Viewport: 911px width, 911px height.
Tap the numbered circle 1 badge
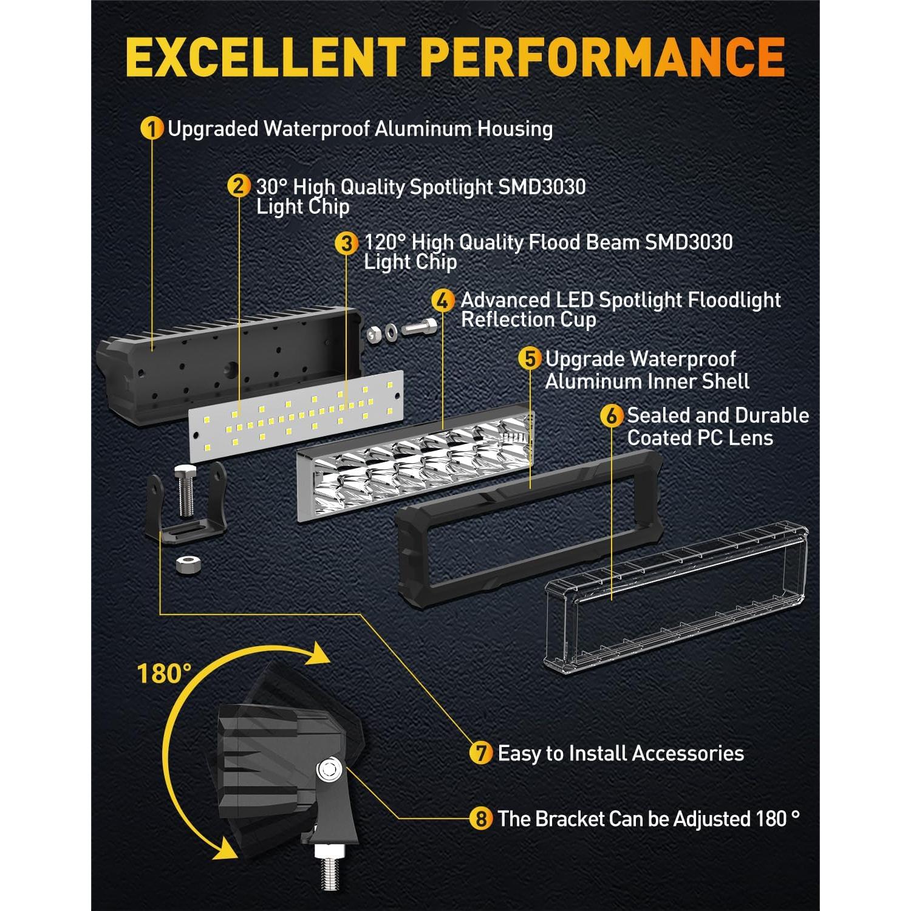point(152,128)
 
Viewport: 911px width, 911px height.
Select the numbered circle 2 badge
point(239,186)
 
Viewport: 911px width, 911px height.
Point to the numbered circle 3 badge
point(346,243)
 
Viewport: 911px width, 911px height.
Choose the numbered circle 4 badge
point(443,300)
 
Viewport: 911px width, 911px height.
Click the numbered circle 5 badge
point(530,358)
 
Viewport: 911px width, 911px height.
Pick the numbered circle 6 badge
point(612,416)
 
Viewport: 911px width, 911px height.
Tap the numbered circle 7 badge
point(481,753)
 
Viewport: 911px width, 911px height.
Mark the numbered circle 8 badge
point(481,819)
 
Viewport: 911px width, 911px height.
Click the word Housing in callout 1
point(515,129)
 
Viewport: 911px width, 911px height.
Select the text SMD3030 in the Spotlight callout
point(542,186)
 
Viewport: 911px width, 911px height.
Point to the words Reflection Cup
point(528,319)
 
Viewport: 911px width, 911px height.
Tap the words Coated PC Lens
point(700,437)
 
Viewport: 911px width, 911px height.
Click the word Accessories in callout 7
point(688,753)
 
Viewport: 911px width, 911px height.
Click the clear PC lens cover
point(677,598)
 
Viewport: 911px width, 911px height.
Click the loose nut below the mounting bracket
point(189,564)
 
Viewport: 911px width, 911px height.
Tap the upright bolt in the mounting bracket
point(186,491)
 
